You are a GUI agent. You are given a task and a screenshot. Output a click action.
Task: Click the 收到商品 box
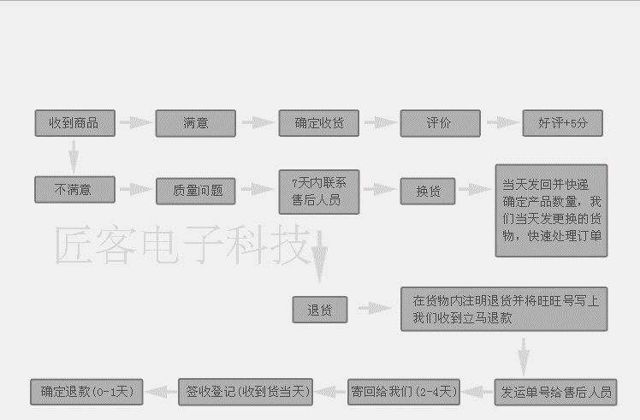point(74,123)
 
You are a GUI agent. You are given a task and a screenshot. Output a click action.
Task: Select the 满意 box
point(195,123)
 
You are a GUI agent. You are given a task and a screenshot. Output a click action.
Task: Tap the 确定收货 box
point(319,123)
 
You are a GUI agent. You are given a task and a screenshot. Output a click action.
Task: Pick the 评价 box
point(440,123)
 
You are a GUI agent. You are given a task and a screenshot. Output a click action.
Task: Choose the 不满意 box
point(74,189)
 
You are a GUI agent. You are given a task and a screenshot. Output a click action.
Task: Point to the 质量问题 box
point(195,191)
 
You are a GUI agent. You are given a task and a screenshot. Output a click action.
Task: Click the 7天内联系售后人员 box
point(319,191)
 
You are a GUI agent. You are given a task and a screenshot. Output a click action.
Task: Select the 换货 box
point(428,191)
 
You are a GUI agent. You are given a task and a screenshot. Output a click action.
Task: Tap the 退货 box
point(319,310)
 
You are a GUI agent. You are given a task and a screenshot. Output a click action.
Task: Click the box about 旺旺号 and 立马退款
point(504,309)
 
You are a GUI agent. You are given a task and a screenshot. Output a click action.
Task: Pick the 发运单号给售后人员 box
point(556,392)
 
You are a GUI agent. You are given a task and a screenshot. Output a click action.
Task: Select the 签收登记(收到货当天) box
point(246,392)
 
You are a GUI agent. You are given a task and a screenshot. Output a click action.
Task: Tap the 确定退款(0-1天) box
point(86,392)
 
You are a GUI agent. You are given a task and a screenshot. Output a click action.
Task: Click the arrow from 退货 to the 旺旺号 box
point(374,308)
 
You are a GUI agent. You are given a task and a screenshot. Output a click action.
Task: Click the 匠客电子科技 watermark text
point(180,246)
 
